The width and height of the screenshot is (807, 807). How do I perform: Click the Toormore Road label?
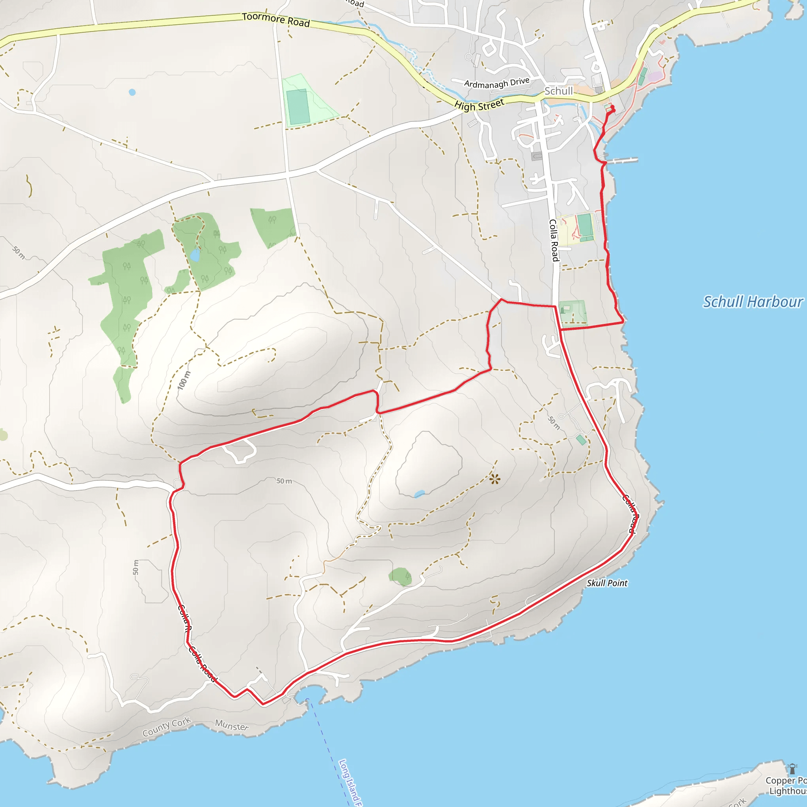click(276, 19)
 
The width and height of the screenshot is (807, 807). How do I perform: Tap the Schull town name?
click(558, 91)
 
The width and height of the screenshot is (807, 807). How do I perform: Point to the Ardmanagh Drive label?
click(496, 83)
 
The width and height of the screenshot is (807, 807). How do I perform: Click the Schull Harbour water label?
click(752, 301)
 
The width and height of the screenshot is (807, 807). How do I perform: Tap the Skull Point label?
click(606, 583)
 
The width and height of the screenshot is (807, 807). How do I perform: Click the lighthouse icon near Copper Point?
click(792, 768)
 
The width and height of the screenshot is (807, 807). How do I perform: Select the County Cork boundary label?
click(166, 727)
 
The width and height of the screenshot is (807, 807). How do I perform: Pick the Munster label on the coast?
click(231, 725)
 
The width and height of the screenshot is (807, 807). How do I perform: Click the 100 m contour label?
click(184, 380)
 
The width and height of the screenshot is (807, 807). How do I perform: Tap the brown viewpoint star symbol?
click(495, 479)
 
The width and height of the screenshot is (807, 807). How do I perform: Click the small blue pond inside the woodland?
click(195, 255)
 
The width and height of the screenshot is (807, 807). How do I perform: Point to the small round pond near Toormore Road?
click(132, 92)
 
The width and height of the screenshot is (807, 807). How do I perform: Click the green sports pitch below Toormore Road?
click(298, 107)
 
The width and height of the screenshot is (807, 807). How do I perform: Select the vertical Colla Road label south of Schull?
click(554, 240)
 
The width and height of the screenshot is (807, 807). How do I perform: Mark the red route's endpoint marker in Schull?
click(612, 110)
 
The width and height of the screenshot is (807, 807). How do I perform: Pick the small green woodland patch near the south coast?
click(401, 576)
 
